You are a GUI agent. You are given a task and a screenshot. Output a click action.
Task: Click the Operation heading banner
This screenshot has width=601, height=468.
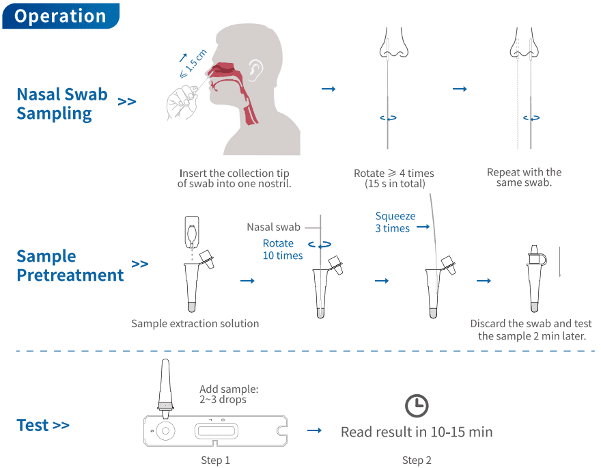[60, 16]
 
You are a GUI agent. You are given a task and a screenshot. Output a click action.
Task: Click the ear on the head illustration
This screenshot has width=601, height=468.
[255, 69]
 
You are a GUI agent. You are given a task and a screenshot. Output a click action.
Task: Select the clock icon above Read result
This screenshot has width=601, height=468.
[417, 406]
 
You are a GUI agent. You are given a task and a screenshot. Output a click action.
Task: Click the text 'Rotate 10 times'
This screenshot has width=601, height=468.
[283, 249]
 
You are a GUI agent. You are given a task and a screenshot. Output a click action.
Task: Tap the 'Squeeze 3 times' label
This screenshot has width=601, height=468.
[395, 222]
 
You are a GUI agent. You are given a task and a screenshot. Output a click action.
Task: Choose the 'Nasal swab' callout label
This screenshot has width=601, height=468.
[273, 227]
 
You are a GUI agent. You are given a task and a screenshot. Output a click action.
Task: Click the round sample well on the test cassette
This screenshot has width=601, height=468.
[165, 430]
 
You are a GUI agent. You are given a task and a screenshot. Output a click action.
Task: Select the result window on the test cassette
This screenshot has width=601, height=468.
[215, 431]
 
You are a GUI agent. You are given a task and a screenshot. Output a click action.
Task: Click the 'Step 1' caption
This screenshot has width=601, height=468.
[215, 460]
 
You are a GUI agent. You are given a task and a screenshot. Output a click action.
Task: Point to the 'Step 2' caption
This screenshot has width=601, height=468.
[417, 460]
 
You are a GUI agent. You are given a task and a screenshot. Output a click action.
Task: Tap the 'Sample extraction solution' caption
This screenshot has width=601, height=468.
[195, 323]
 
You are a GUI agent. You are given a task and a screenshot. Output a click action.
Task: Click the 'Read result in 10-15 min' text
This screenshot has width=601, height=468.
[417, 432]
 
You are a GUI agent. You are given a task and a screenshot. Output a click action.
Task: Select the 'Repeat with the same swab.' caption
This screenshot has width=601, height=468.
[525, 178]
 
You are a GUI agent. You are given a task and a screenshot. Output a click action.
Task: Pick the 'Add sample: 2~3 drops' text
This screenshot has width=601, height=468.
[229, 394]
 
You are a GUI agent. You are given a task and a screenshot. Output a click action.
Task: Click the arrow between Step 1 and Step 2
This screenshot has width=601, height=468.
[314, 430]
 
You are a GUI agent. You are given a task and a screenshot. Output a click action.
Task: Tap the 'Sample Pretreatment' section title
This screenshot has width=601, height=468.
[70, 266]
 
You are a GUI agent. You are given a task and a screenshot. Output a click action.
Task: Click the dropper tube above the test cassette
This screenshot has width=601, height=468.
[165, 386]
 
